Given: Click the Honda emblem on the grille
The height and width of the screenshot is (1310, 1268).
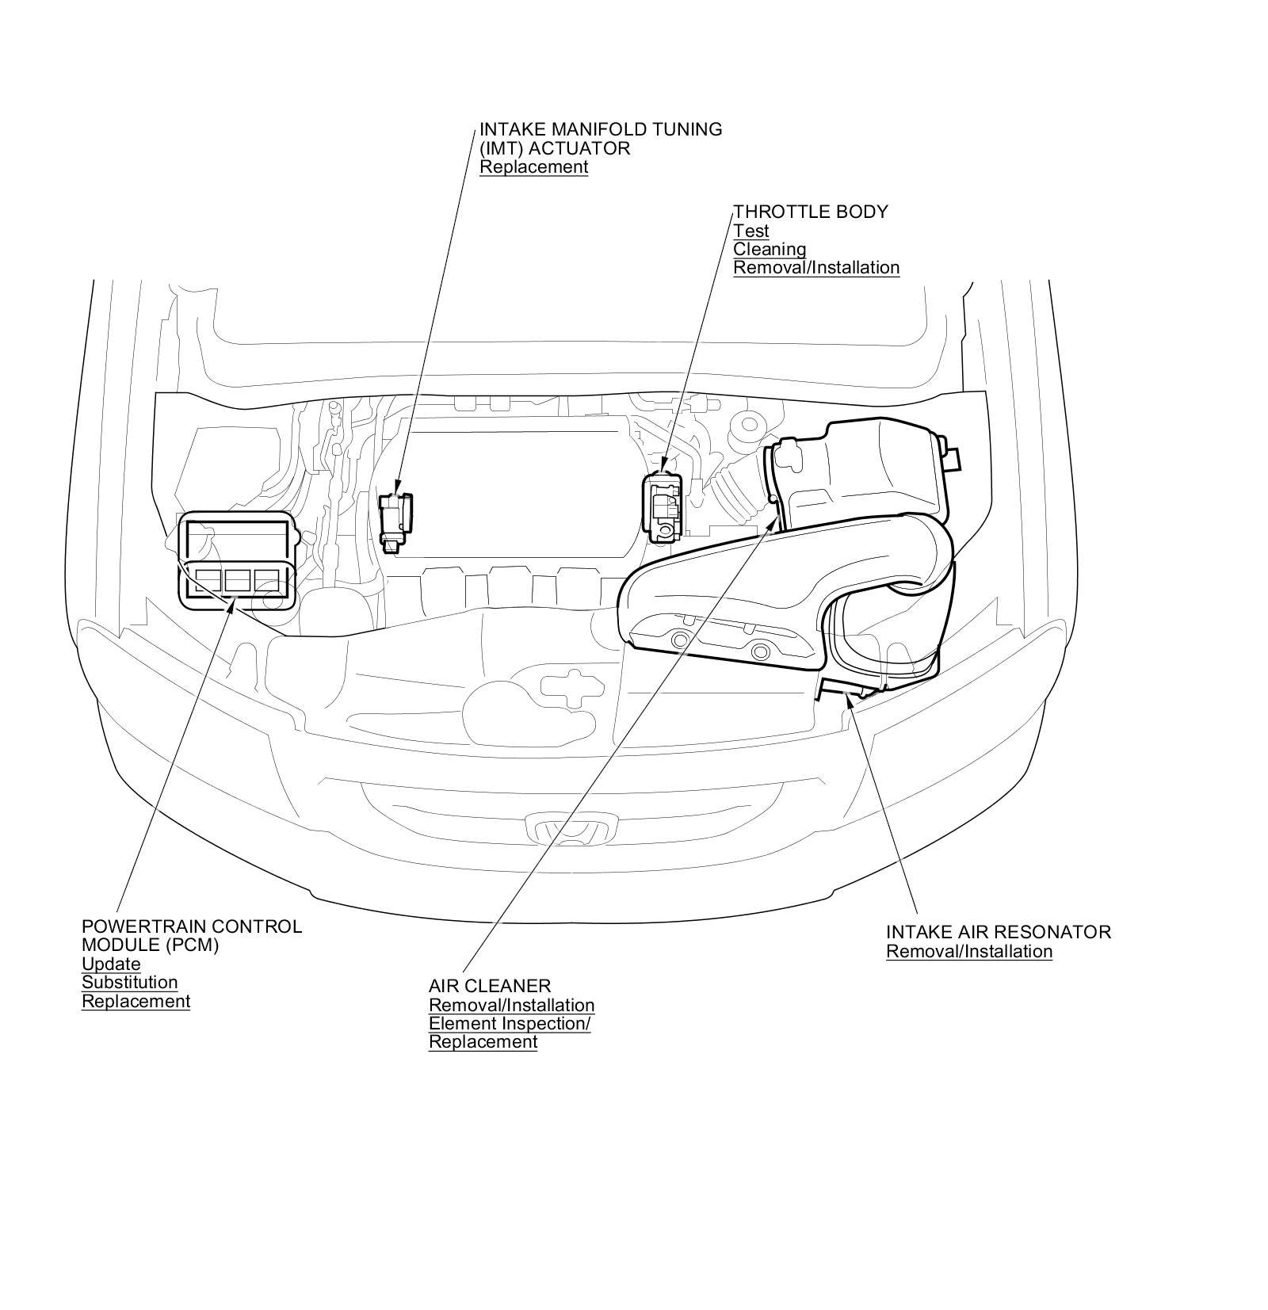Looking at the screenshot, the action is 570,829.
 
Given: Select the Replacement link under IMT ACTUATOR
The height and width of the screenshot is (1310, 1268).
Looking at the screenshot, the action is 533,167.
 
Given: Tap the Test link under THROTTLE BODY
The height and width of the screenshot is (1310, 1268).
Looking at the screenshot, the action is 750,231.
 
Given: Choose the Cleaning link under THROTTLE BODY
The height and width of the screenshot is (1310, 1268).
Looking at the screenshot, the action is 769,250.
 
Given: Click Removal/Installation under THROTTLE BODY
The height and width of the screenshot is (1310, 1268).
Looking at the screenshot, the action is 815,268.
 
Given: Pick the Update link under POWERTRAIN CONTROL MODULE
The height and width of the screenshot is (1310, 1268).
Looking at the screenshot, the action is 111,964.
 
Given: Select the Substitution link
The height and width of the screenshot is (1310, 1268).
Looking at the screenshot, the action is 129,983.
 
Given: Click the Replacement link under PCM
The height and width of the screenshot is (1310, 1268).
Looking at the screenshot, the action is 136,1002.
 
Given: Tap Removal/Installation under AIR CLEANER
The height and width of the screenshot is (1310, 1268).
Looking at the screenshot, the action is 511,1006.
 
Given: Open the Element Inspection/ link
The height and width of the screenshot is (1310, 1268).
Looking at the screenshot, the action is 510,1024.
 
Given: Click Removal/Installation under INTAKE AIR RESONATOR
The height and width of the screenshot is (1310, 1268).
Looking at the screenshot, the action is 968,952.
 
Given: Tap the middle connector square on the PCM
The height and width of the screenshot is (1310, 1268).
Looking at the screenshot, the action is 237,581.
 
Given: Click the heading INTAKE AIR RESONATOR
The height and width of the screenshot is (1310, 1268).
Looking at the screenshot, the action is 998,932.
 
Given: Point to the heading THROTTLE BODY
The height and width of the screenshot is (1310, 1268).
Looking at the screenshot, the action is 810,212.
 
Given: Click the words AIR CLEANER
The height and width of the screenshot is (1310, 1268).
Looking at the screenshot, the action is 489,987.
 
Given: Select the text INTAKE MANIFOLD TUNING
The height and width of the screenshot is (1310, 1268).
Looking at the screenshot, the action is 600,129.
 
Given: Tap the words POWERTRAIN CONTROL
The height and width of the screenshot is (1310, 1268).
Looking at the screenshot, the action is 191,926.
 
